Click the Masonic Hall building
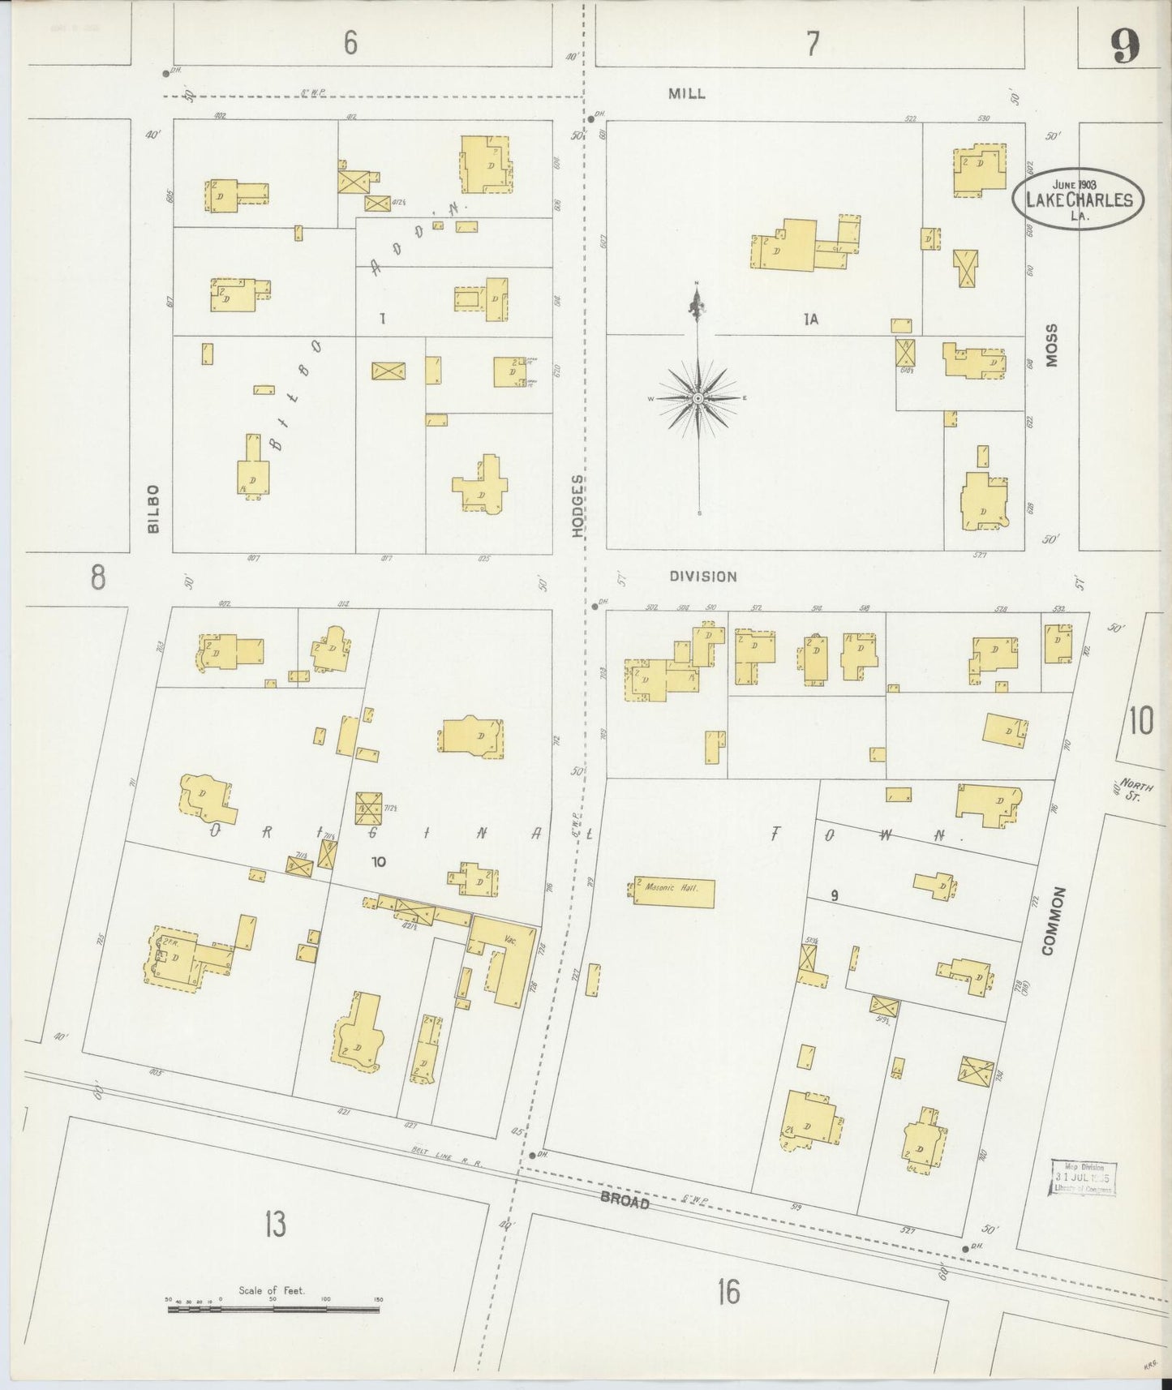click(x=672, y=893)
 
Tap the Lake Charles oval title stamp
click(x=1078, y=199)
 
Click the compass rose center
click(x=698, y=399)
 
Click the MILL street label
click(x=686, y=93)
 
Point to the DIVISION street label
click(x=702, y=577)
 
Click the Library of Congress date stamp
click(x=1083, y=1178)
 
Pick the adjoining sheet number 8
click(x=97, y=577)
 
